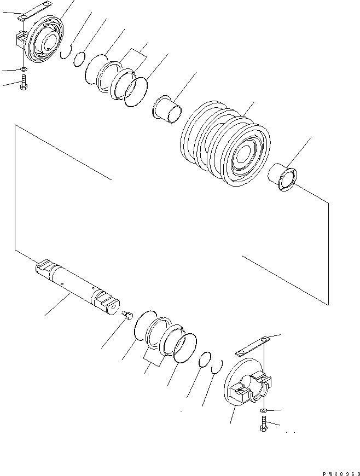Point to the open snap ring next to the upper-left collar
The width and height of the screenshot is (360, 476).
(x=65, y=51)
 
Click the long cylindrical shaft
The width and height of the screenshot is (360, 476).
(x=77, y=285)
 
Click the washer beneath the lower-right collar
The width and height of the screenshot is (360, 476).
(x=264, y=410)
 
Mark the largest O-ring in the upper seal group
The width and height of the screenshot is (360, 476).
(x=136, y=91)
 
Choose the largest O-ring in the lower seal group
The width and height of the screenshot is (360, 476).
(x=185, y=349)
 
